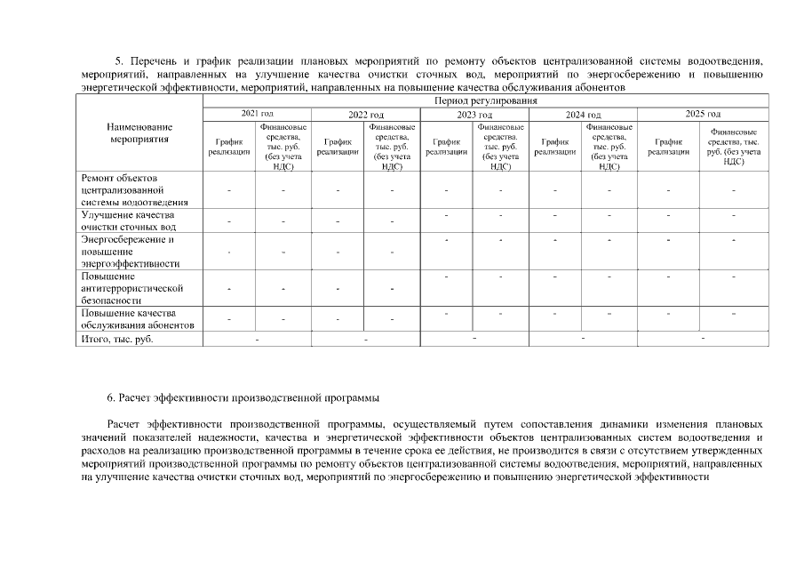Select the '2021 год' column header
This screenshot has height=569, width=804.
pyautogui.click(x=258, y=114)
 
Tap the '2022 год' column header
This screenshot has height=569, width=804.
pyautogui.click(x=365, y=115)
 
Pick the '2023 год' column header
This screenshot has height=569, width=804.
pyautogui.click(x=474, y=115)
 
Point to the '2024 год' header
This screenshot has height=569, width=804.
pyautogui.click(x=583, y=115)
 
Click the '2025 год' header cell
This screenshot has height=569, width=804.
pyautogui.click(x=703, y=114)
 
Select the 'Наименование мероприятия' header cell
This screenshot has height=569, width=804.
pyautogui.click(x=139, y=133)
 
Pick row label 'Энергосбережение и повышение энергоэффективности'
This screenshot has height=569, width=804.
pyautogui.click(x=130, y=252)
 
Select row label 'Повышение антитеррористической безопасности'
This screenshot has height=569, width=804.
pyautogui.click(x=131, y=289)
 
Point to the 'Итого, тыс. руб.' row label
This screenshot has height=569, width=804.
pyautogui.click(x=110, y=340)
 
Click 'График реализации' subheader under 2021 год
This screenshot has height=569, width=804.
pyautogui.click(x=229, y=147)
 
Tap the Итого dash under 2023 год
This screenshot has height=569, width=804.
pyautogui.click(x=474, y=338)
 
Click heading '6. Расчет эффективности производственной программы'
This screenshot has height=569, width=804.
pyautogui.click(x=243, y=396)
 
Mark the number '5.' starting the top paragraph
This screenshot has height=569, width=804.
pyautogui.click(x=123, y=61)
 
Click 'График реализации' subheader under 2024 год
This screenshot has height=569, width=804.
pyautogui.click(x=555, y=147)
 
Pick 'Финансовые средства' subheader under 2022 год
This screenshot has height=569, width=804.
pyautogui.click(x=392, y=147)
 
